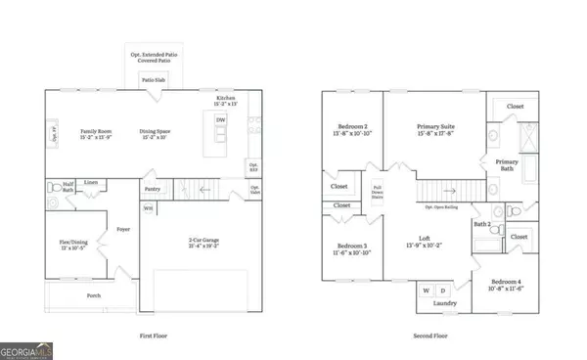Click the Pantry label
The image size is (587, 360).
[x=152, y=188]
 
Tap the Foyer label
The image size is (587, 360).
[x=123, y=230]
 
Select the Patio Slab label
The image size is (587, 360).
[x=151, y=80]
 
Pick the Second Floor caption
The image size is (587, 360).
[x=432, y=336]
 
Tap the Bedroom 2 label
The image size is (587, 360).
[x=351, y=128]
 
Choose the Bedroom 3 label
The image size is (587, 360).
[x=351, y=248]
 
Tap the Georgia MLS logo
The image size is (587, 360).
[x=27, y=348]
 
